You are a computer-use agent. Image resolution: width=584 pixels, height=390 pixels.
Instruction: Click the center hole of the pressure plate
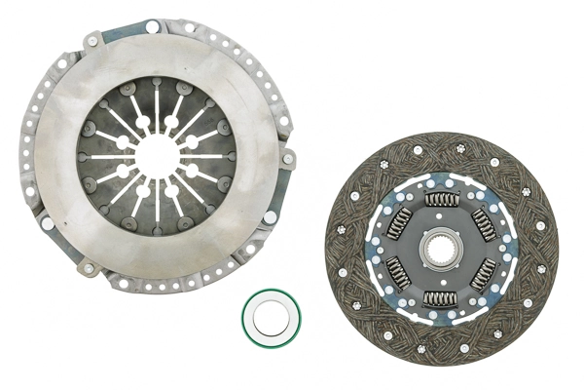pyautogui.click(x=156, y=155)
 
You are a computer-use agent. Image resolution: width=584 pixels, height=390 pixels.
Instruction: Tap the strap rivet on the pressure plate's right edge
pyautogui.click(x=288, y=157)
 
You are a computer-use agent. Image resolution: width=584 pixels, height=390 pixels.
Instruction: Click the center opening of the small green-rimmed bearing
pyautogui.click(x=272, y=318)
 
